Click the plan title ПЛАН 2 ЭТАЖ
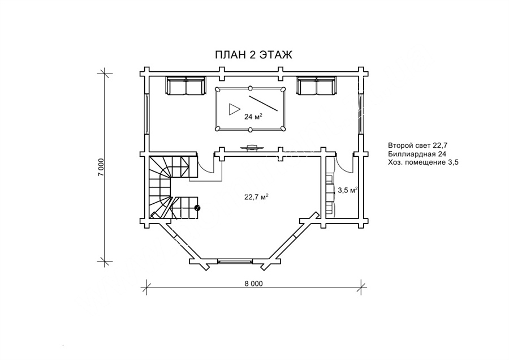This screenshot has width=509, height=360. point(253,55)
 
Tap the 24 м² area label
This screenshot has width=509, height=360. point(253,117)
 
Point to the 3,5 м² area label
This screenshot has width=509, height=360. point(348,190)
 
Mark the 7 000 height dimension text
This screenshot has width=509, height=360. point(101,168)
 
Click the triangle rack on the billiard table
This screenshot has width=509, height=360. point(234,109)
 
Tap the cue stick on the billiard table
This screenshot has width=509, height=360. point(263,104)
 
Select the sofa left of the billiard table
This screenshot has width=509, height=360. point(186,86)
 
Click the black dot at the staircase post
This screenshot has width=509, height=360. point(197,208)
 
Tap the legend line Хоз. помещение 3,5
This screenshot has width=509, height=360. point(423,162)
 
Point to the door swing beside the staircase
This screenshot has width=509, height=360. point(205,164)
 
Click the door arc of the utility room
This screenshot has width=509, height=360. point(344,164)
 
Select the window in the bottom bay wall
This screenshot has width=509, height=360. point(235,260)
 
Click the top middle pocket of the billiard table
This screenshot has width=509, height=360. point(251,88)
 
